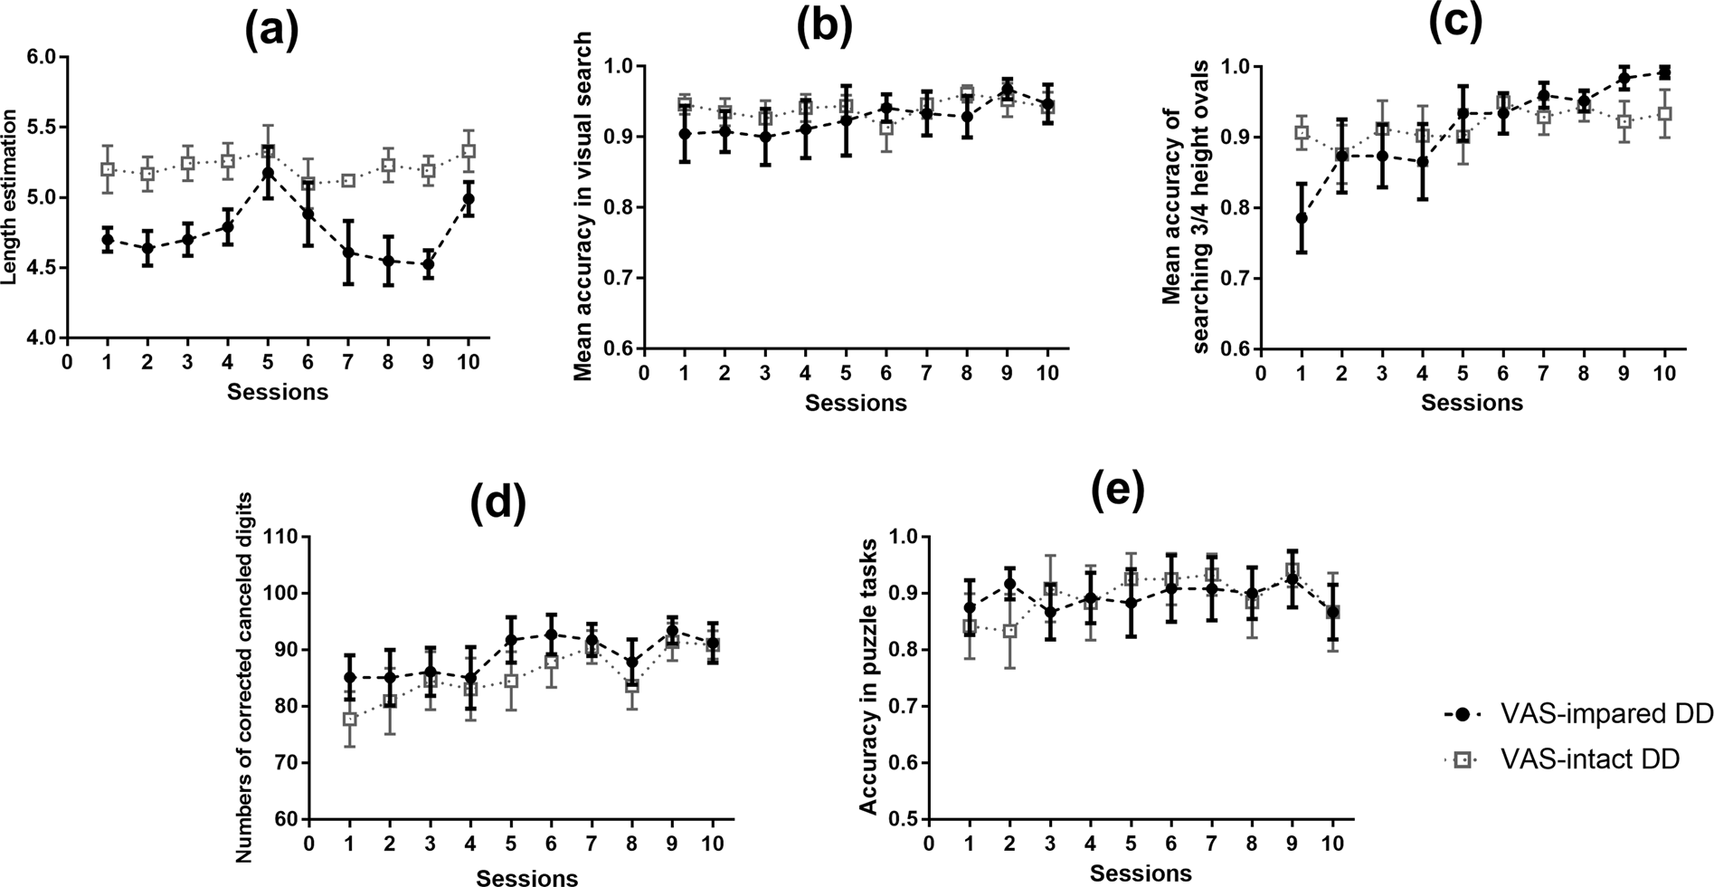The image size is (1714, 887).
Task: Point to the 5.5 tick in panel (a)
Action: [41, 128]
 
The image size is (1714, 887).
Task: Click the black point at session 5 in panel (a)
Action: [267, 172]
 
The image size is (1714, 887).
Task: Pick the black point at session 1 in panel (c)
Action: [1301, 218]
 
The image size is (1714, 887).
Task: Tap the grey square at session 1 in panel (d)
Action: [349, 720]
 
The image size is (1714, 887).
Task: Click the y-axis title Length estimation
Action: [11, 197]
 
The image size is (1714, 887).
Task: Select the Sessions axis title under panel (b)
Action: [856, 403]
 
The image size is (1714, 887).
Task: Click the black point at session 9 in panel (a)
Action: [428, 265]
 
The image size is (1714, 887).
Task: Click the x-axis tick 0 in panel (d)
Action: [309, 844]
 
